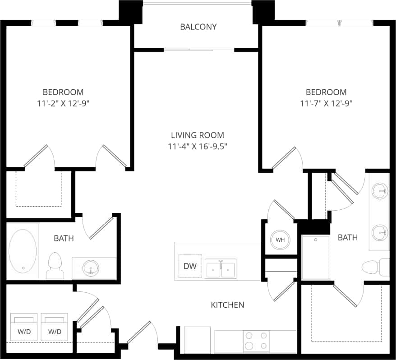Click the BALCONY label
coord(198,27)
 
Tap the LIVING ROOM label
coord(198,135)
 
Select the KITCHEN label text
coord(228,305)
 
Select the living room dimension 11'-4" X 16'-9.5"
coord(198,146)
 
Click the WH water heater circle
coord(280,240)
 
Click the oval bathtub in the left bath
coord(23,251)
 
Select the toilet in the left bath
coord(55,266)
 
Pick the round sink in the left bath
coord(91,268)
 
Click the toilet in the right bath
coord(376,267)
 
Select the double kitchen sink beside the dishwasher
coord(221,268)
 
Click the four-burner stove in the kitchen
coord(256,341)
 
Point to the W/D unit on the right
coord(55,328)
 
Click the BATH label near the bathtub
coord(64,238)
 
